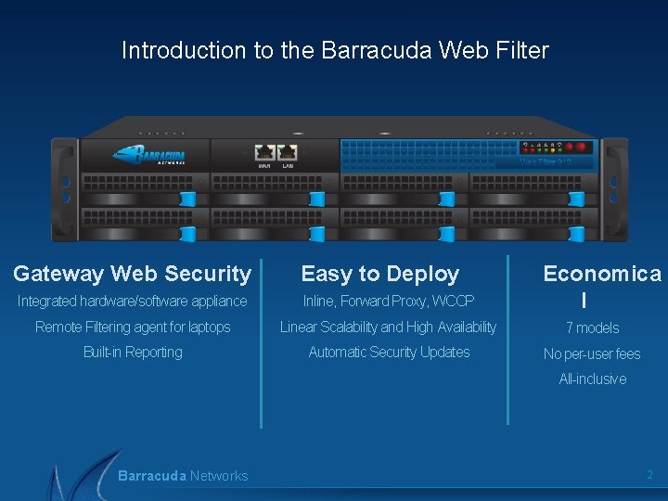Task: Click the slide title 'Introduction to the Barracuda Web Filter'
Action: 335,50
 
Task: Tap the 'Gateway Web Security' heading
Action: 132,274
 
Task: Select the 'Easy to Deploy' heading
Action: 380,274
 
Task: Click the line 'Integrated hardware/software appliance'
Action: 132,301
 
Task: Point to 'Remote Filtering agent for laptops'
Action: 133,327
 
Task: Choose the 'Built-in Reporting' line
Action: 133,352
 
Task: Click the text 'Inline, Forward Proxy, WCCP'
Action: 388,301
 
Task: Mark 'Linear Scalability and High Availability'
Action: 388,327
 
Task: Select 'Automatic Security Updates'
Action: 389,352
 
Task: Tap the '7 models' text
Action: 592,328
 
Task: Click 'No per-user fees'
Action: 592,353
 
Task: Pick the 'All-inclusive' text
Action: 592,379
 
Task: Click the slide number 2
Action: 649,475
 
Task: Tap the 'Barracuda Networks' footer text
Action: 183,476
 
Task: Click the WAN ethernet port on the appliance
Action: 265,152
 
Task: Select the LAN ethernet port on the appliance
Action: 288,152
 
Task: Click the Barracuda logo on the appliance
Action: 149,154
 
